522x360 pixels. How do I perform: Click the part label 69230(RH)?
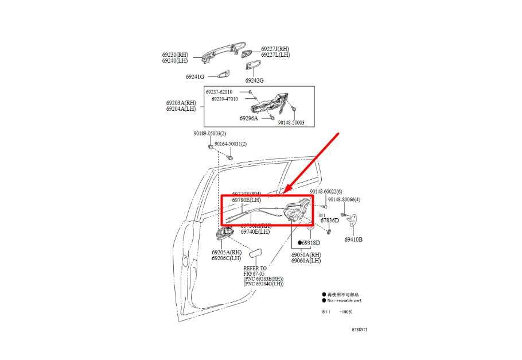tap(174, 55)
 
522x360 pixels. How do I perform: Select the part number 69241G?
tap(195, 76)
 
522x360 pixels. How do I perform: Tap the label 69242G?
tap(254, 80)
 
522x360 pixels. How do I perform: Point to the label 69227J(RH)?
tap(275, 49)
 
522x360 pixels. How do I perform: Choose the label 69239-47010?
tap(224, 99)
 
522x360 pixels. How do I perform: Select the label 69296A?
tap(249, 118)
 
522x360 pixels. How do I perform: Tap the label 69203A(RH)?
tap(181, 103)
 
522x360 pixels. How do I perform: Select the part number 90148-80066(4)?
tap(343, 200)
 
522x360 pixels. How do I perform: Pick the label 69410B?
tap(353, 239)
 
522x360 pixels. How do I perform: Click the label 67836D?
tap(329, 220)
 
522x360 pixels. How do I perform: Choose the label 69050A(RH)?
tap(306, 254)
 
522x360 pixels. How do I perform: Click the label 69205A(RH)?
tap(226, 253)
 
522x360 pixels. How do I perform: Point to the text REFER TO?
tap(255, 268)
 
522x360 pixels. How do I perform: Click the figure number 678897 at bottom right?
tap(360, 330)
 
